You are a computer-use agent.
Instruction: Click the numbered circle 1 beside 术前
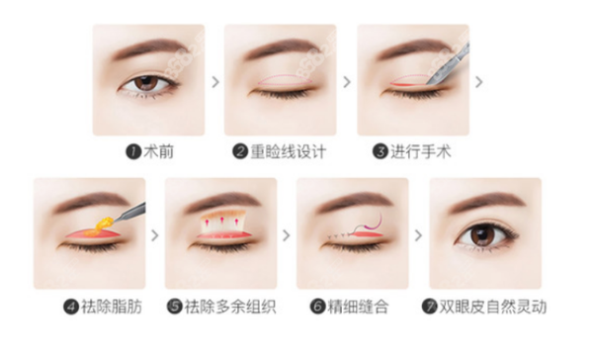pos(133,152)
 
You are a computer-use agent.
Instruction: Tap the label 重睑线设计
pos(289,152)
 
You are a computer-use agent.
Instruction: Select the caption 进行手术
pos(421,152)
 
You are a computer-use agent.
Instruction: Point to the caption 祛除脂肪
pos(112,307)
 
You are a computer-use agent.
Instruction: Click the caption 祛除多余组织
pos(230,307)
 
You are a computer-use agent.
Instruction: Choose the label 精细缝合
pos(358,307)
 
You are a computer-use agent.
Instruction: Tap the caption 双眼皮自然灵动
pos(493,307)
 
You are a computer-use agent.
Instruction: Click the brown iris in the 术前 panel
pos(146,83)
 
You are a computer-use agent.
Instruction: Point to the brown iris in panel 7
pos(483,234)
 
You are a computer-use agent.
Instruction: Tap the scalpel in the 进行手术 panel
pos(449,64)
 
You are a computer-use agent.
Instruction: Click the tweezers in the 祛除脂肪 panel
pos(129,213)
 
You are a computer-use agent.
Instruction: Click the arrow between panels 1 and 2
pos(215,82)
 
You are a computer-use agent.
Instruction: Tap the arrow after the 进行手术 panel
pos(479,82)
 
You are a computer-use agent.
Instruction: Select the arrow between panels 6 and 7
pos(418,235)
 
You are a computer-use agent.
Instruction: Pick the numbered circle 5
pos(175,307)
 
